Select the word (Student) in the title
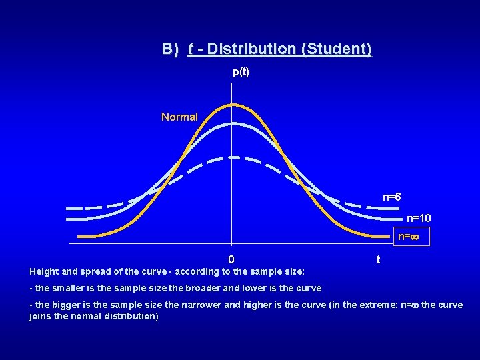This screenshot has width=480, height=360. point(337,49)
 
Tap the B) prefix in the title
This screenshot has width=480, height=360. point(171,49)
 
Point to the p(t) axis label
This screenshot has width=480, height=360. point(241,72)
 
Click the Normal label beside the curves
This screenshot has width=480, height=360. point(179,117)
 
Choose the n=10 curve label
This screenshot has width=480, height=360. point(419,218)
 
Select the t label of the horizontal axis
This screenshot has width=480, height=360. point(378,260)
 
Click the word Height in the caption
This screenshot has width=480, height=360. point(44,272)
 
